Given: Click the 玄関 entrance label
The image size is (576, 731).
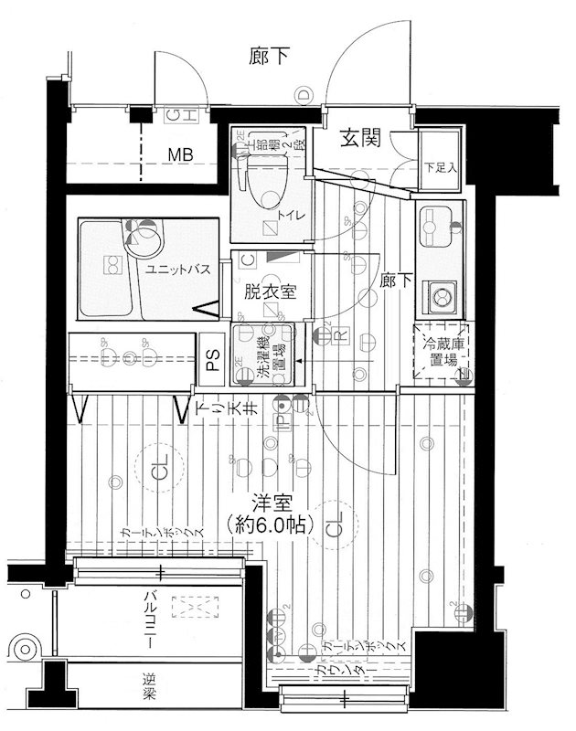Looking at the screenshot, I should [362, 139].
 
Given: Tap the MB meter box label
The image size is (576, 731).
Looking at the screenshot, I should [179, 155].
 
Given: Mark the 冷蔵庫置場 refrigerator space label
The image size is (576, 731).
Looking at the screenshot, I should [440, 352].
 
